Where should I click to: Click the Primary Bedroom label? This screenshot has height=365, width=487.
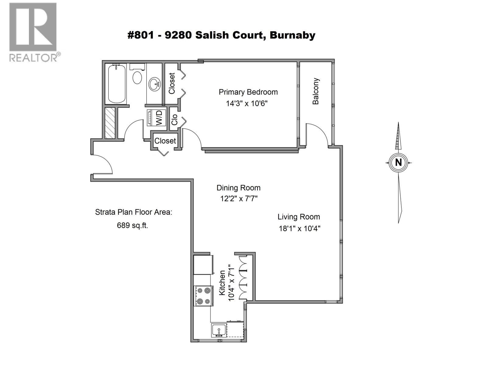point(248,92)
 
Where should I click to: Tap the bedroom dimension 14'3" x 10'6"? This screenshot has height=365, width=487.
point(247,103)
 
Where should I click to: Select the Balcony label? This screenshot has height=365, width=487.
point(316,91)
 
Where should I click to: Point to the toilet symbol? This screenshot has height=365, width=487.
point(137,76)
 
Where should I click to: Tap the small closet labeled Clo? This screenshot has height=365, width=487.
point(174,120)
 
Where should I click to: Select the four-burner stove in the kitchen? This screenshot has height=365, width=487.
point(203,296)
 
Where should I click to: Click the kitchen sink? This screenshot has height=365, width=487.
point(219,330)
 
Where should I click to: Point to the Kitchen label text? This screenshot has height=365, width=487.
point(222,283)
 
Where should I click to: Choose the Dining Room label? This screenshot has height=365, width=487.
point(238,188)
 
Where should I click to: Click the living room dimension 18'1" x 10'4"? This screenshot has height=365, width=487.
point(300,228)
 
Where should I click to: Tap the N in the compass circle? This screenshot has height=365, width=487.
point(398,162)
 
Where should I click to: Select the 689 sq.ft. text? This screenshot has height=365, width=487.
point(132,225)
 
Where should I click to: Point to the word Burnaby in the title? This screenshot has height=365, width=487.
point(292,35)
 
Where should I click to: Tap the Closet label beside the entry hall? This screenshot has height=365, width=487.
point(165,141)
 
